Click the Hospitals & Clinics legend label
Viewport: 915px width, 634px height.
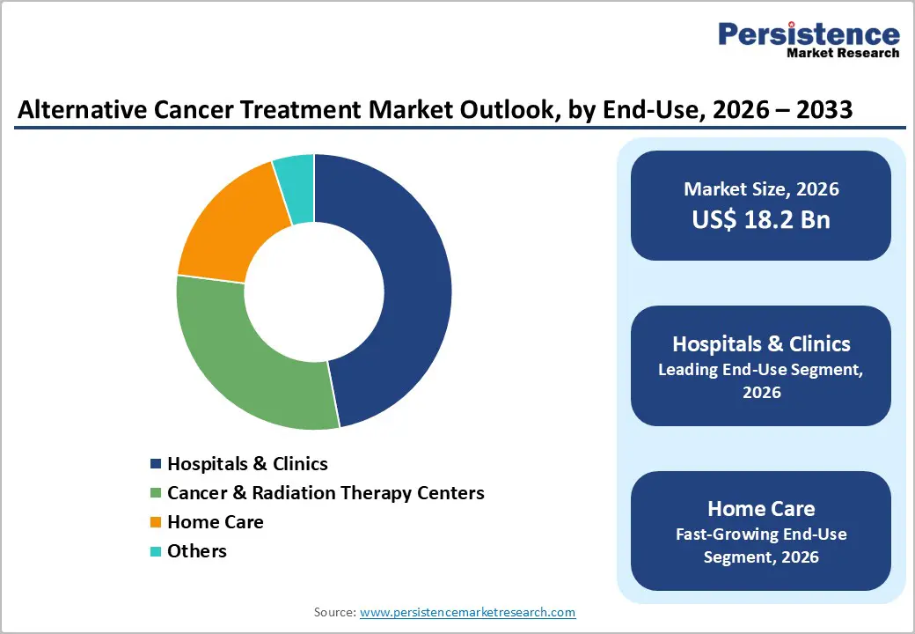(247, 463)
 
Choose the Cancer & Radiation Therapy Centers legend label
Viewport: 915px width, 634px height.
(326, 492)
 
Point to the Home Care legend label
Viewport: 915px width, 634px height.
(216, 521)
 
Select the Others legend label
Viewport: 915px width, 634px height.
(197, 550)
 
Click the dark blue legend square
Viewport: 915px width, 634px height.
(156, 464)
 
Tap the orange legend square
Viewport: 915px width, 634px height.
(156, 522)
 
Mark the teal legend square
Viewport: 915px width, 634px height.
(156, 551)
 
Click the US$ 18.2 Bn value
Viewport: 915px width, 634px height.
(761, 219)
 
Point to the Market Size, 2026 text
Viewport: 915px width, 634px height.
(761, 188)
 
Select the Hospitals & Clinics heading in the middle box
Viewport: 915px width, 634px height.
(761, 343)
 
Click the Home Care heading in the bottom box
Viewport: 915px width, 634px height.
(761, 508)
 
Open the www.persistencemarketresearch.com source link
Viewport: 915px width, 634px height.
(468, 611)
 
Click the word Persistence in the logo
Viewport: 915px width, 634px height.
(809, 34)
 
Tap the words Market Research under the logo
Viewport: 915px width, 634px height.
(843, 53)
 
